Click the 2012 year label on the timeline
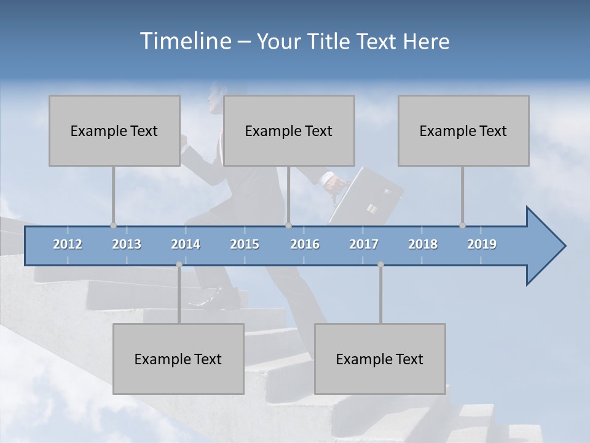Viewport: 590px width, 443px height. (x=68, y=244)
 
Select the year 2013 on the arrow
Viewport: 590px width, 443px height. (x=127, y=244)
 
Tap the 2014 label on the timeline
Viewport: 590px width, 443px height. (x=186, y=244)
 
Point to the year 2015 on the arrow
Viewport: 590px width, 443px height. (x=245, y=244)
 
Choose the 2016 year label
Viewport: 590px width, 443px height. (x=305, y=244)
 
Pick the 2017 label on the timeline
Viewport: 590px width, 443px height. (x=364, y=244)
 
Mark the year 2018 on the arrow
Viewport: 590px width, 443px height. (x=423, y=244)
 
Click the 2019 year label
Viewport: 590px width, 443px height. (x=482, y=244)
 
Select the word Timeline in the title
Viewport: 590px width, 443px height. (x=184, y=41)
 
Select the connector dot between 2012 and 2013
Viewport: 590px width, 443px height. (x=113, y=225)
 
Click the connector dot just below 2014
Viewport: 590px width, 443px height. (x=179, y=265)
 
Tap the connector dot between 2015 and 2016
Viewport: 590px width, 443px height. (x=288, y=225)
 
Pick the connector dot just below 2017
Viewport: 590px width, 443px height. (x=380, y=265)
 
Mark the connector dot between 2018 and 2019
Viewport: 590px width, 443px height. (x=462, y=225)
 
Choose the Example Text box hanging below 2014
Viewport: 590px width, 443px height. (x=178, y=359)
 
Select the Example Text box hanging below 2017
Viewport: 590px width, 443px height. (x=380, y=359)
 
